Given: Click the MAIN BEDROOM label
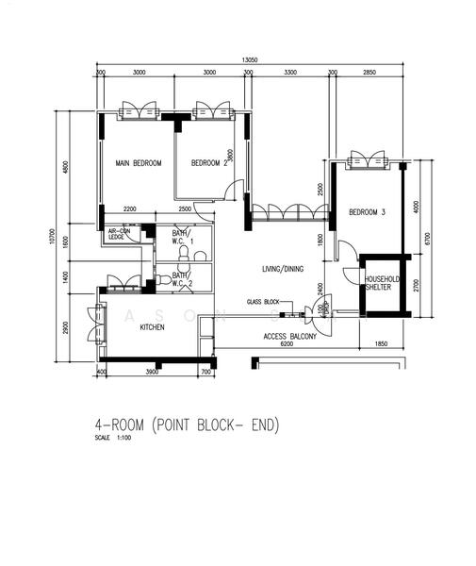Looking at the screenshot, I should [139, 163].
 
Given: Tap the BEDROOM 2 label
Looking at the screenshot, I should [209, 163].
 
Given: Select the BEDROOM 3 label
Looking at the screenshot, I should [368, 213].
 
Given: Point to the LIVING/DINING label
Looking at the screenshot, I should [283, 270].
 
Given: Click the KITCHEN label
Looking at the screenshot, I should [153, 327].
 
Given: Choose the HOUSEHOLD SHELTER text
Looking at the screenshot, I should [384, 284].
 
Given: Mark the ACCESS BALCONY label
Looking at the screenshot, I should [289, 337].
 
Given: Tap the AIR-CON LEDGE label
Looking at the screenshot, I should [119, 234].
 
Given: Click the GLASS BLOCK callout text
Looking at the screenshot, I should [264, 302].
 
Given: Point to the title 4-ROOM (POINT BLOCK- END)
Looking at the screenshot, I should [187, 424].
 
